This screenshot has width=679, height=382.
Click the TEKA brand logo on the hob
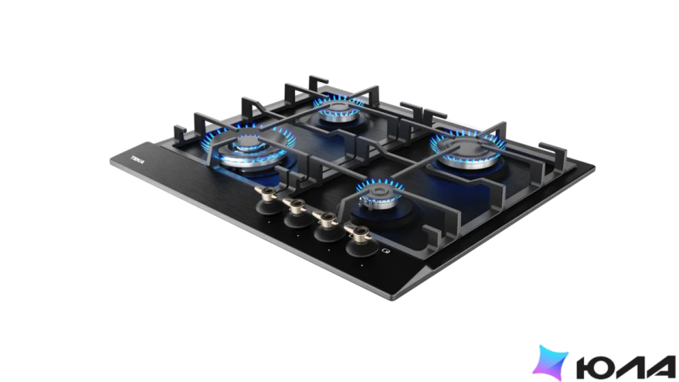pyautogui.click(x=138, y=160)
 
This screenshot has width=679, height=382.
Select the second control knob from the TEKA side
pyautogui.click(x=298, y=214)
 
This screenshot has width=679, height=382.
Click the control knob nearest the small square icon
pyautogui.click(x=360, y=242)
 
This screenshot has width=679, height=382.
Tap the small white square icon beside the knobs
pyautogui.click(x=386, y=251)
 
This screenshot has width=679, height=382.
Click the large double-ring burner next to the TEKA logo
pyautogui.click(x=249, y=149)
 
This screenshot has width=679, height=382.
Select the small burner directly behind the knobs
pyautogui.click(x=380, y=196)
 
